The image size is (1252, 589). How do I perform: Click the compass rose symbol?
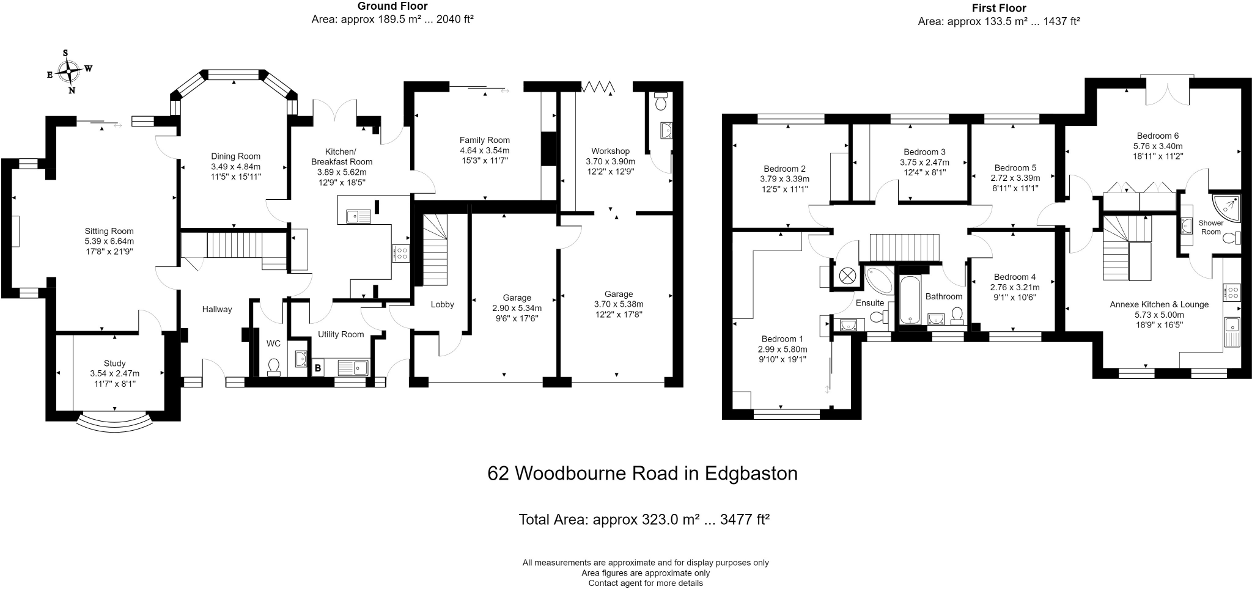coord(69,72)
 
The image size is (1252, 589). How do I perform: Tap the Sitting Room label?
coord(109,231)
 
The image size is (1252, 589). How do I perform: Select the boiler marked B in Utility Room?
coord(317,368)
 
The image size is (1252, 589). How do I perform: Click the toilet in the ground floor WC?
coord(273,366)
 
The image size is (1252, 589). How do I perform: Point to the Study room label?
coord(114,364)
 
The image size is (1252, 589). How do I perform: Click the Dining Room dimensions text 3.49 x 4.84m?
coord(235,166)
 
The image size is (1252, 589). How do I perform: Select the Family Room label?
coord(484,140)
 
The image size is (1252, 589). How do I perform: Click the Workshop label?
coord(610,151)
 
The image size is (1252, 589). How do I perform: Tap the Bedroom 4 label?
coord(1014,277)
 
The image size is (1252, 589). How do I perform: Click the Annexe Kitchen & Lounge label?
coord(1158,304)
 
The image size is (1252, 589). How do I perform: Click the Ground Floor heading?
coord(392,6)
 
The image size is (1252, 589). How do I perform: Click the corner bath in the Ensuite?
coord(877,280)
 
